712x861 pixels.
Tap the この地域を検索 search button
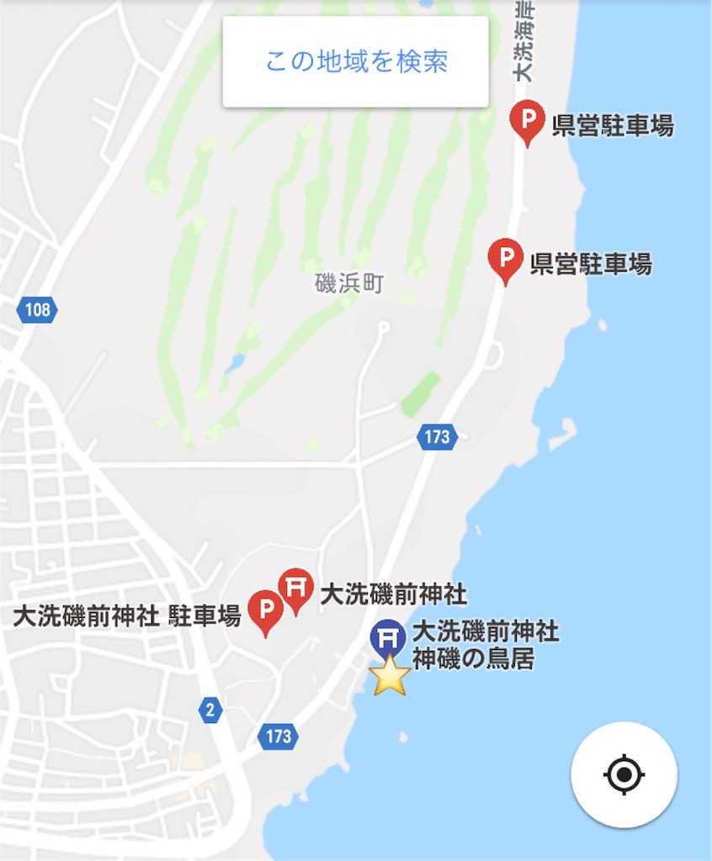[x=355, y=61]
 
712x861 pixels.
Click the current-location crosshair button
[x=624, y=774]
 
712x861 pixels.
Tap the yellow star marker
[x=390, y=675]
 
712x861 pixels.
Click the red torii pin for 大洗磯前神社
[x=295, y=589]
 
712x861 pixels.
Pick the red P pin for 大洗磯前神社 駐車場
[x=266, y=610]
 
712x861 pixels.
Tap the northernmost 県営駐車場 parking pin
[x=528, y=120]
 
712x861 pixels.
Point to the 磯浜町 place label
[x=348, y=283]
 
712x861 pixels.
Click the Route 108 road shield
[x=37, y=310]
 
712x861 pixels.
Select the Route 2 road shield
[x=210, y=710]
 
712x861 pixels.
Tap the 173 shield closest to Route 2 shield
[x=278, y=737]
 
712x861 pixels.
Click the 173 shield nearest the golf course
[x=436, y=436]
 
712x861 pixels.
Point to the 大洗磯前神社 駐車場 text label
[x=127, y=616]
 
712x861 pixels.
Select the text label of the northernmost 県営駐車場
[x=613, y=126]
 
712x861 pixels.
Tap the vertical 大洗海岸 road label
[x=524, y=42]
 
